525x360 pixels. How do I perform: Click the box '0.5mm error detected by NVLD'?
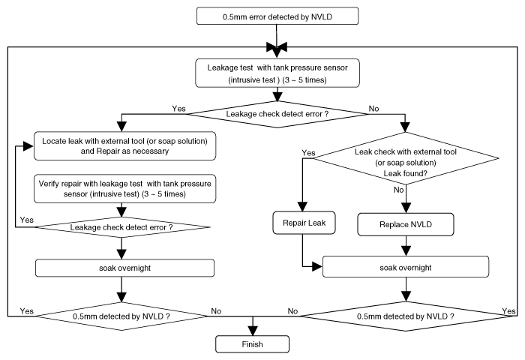point(277,16)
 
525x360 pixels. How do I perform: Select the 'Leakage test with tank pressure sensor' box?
point(277,73)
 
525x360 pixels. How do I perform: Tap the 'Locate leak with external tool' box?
point(125,146)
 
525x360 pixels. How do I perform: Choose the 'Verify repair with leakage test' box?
point(125,188)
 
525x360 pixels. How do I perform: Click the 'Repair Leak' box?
point(304,223)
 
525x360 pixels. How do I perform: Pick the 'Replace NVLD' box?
point(406,224)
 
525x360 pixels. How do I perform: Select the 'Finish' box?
point(253,344)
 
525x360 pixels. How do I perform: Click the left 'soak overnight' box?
point(125,268)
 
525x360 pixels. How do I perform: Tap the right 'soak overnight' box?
point(406,267)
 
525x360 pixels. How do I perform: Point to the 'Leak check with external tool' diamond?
point(406,158)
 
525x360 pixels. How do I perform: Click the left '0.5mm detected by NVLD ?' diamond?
point(121,316)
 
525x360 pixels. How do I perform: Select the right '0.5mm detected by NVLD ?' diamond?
point(406,316)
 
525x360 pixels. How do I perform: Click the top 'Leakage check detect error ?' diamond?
point(277,114)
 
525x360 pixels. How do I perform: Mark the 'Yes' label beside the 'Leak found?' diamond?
point(308,153)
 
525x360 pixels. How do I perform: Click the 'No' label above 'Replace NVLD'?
point(398,190)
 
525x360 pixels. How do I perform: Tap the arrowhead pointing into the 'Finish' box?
point(253,331)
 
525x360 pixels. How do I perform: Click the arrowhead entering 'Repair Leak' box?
point(303,207)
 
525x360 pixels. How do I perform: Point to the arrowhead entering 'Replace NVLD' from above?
point(406,208)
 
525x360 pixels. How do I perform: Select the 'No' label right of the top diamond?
point(373,109)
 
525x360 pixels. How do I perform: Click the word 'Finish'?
point(253,344)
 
